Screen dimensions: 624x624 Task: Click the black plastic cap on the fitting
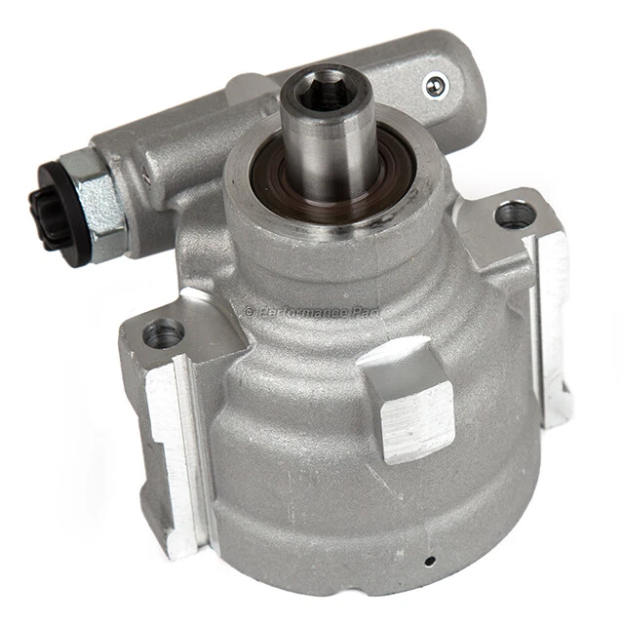(45, 206)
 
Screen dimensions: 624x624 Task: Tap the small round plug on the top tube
(436, 87)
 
